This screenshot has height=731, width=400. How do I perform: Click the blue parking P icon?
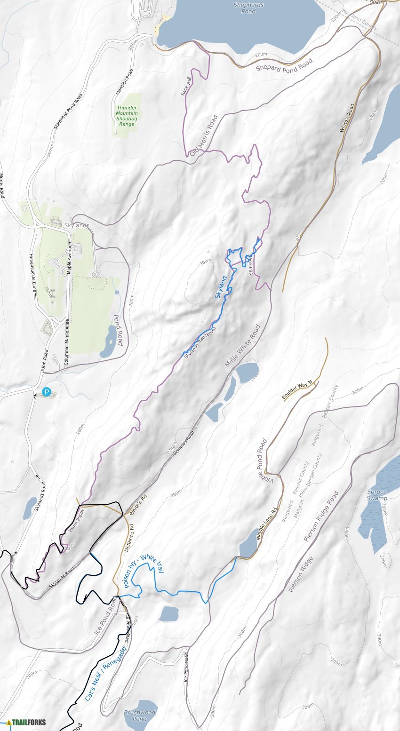click(47, 391)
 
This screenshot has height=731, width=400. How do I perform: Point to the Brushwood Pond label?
click(140, 715)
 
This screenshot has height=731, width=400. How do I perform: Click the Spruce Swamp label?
click(377, 495)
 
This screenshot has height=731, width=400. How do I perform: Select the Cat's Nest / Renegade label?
click(106, 674)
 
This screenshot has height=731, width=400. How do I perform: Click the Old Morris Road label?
click(204, 135)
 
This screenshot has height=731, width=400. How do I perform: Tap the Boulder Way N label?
click(297, 390)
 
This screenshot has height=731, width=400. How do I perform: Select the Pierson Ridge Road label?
click(321, 516)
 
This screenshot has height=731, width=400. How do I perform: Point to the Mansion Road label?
click(124, 88)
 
